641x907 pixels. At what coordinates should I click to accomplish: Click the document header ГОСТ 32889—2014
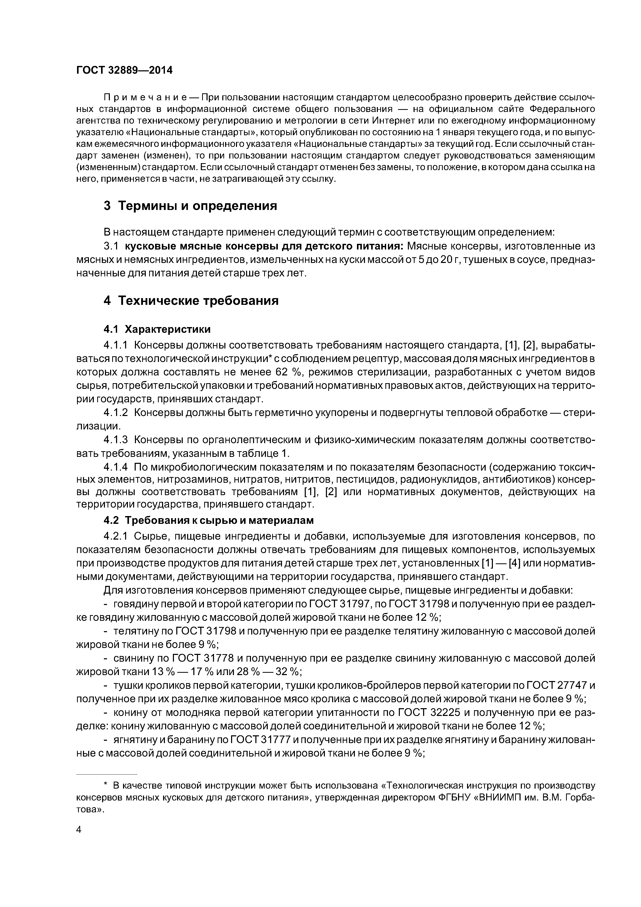124,70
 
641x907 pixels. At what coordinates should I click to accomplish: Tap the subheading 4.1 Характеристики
157,329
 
